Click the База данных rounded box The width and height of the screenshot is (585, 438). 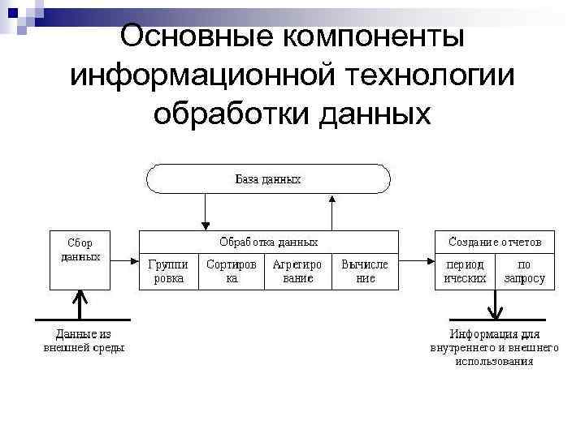tap(268, 178)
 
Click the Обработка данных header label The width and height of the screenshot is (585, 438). tap(268, 242)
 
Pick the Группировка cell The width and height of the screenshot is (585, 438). tap(169, 272)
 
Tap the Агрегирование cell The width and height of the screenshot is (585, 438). tap(297, 272)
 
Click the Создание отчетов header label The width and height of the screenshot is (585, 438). tap(495, 242)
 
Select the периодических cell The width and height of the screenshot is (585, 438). tap(465, 272)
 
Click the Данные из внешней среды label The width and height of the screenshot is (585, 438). tap(83, 341)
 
